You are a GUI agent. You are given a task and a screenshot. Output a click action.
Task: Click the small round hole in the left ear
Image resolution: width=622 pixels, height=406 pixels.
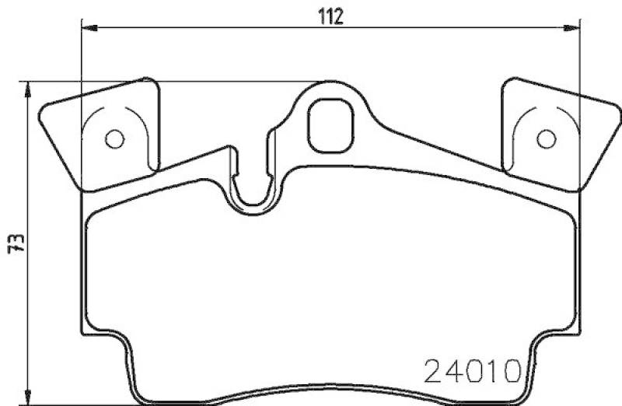(x=114, y=139)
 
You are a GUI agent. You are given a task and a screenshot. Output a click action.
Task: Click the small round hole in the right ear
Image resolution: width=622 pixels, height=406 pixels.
(x=547, y=139)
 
